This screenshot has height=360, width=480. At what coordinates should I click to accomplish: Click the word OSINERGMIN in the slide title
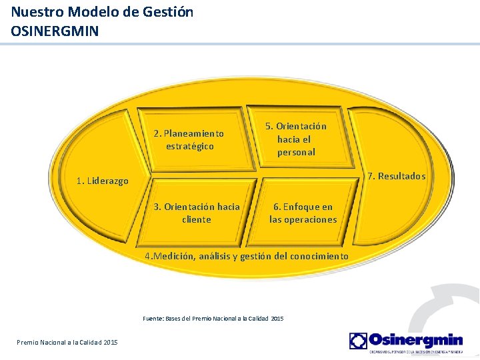click(55, 30)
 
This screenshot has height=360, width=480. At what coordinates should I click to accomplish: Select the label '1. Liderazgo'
click(102, 181)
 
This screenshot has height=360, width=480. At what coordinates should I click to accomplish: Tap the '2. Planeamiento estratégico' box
click(189, 139)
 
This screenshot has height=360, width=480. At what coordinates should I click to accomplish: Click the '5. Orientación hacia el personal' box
click(296, 139)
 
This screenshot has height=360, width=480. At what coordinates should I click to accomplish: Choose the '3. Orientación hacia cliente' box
click(196, 213)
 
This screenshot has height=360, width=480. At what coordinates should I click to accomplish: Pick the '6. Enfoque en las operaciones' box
click(303, 213)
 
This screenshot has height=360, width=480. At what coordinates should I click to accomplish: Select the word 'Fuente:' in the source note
click(153, 319)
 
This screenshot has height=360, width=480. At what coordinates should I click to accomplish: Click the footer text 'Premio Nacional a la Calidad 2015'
click(67, 342)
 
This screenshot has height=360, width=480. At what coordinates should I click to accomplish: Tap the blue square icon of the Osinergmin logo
click(358, 341)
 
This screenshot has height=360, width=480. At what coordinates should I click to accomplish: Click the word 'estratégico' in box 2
click(190, 146)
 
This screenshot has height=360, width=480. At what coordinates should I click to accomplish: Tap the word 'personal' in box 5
click(296, 152)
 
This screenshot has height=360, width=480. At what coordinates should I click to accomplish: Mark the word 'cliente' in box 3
click(196, 219)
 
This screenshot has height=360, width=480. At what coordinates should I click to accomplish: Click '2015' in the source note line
click(277, 319)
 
